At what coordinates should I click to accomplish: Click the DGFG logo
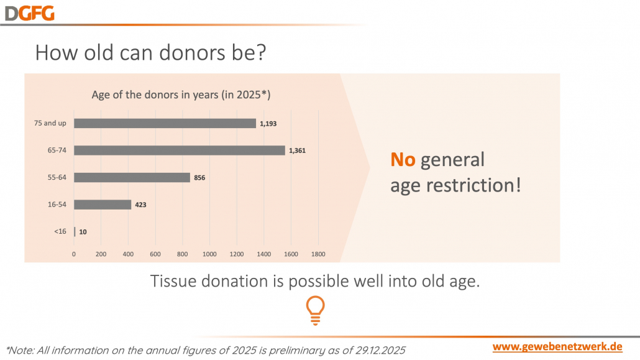(30, 12)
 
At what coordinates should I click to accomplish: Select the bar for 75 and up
(165, 123)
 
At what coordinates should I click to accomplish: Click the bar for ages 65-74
(179, 150)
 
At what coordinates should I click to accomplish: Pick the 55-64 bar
(132, 177)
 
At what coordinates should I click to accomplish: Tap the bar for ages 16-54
(103, 204)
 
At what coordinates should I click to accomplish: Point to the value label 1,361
(298, 150)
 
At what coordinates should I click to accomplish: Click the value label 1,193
(268, 124)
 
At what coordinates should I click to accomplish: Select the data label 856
(199, 178)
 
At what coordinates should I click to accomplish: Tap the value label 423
(140, 205)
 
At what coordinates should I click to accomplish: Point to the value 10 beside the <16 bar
(83, 232)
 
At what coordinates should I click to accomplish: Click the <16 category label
(60, 231)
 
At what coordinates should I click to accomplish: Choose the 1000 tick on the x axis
(209, 254)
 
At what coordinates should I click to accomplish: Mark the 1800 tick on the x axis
(318, 254)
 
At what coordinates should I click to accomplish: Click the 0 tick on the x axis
(74, 254)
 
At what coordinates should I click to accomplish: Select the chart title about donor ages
(181, 95)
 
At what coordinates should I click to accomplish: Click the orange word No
(403, 160)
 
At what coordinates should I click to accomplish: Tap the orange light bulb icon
(315, 310)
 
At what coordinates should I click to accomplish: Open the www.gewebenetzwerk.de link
(557, 346)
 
